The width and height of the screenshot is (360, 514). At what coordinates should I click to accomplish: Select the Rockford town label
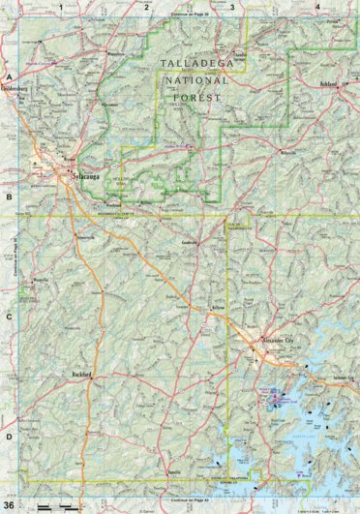pos(88,374)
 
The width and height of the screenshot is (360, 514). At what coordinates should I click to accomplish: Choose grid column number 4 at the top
pos(317,6)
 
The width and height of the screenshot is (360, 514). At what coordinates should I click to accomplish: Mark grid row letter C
pos(8,317)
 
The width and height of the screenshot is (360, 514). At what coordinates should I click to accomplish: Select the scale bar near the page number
pos(53,505)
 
